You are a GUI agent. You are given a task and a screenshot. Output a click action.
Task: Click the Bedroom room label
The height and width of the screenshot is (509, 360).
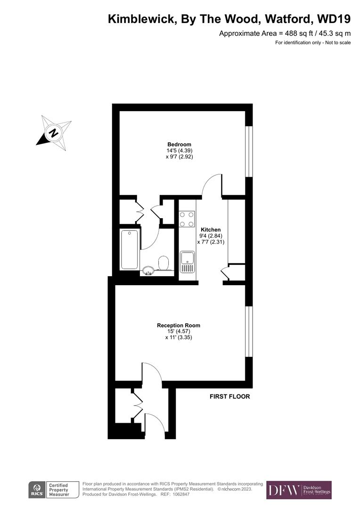pos(179,144)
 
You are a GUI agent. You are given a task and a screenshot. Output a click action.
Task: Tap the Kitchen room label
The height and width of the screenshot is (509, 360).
pos(207,230)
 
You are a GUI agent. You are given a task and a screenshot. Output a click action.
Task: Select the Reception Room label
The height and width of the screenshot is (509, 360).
pos(179,325)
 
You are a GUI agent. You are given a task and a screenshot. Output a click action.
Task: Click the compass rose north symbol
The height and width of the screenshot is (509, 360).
pos(54,132)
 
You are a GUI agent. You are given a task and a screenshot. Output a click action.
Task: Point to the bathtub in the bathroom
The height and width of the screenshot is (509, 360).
pos(130,249)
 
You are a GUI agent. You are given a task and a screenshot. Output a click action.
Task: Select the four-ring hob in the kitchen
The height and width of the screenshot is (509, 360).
pos(187,219)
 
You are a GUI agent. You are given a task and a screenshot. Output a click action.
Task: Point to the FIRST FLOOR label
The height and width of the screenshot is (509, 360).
pos(230,396)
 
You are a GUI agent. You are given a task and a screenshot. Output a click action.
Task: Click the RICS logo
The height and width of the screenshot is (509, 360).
pos(37,489)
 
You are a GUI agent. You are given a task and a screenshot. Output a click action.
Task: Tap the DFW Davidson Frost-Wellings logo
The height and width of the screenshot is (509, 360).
pos(299,490)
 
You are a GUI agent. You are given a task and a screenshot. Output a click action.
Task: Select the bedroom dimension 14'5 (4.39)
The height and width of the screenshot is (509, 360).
pos(179,151)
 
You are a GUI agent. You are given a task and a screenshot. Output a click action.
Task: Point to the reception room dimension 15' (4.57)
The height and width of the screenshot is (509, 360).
pos(179,331)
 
